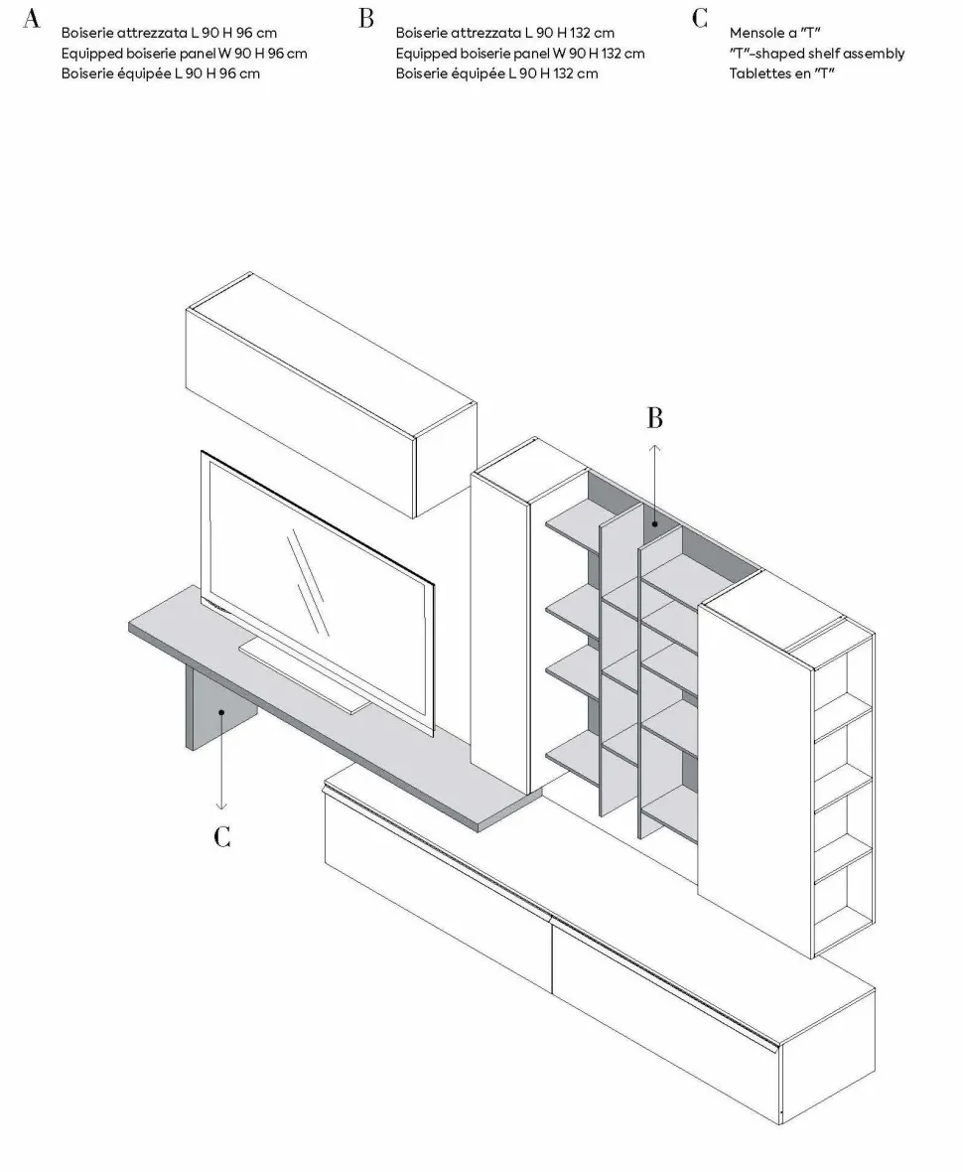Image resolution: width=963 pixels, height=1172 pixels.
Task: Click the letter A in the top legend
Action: tap(32, 19)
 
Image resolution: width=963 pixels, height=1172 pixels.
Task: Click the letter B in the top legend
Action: tap(366, 19)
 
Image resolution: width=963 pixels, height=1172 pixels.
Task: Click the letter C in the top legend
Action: tap(700, 19)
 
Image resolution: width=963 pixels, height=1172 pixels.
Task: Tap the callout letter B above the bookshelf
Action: tap(654, 418)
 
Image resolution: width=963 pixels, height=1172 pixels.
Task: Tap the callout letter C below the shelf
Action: tap(222, 836)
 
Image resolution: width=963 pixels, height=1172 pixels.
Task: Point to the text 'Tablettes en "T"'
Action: tap(781, 73)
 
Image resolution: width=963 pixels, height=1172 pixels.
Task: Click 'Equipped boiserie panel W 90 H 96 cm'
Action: tap(184, 54)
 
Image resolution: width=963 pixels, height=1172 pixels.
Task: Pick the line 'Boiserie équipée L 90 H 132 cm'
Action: tap(496, 73)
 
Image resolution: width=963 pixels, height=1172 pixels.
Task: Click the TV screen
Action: tap(318, 586)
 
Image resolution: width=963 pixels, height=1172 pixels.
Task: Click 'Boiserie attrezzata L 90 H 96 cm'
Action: tap(169, 33)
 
